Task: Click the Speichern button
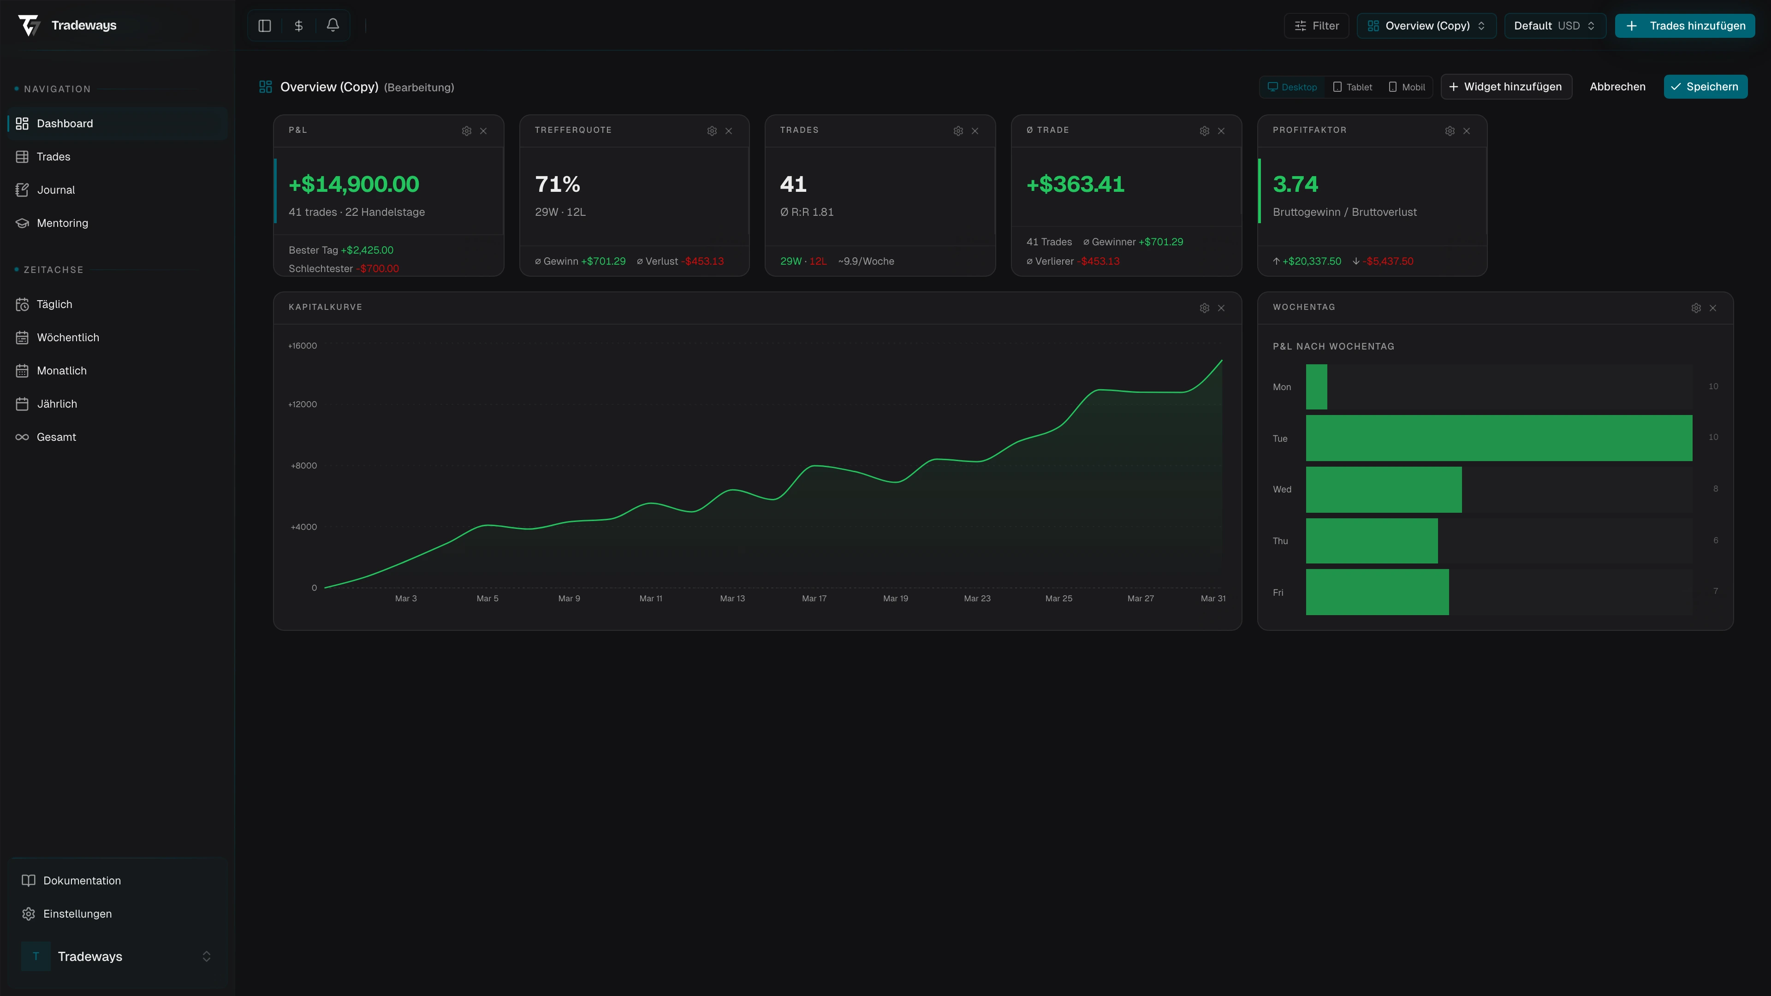(x=1705, y=87)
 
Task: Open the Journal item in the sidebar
(x=56, y=190)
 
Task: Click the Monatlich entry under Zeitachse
(x=61, y=370)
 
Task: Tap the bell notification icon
(x=333, y=25)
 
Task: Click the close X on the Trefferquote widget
(x=729, y=130)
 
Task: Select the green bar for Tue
(x=1499, y=438)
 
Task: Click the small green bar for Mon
(x=1316, y=387)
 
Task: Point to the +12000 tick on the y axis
(x=303, y=404)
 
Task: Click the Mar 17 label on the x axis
(x=814, y=598)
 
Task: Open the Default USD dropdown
(x=1554, y=25)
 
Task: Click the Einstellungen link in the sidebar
(x=77, y=913)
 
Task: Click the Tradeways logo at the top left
(x=67, y=25)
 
